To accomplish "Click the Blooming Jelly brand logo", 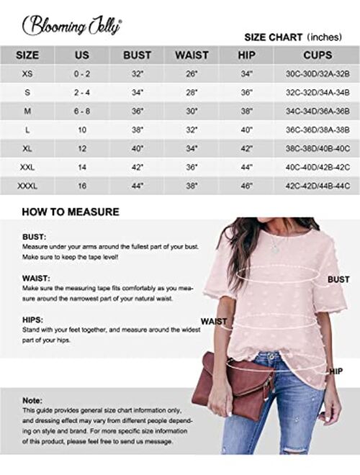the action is click(72, 24).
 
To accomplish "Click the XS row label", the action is click(27, 73).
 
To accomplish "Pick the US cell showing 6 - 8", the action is click(82, 111).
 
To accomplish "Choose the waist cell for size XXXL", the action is click(192, 186).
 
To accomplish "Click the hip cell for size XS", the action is click(246, 73).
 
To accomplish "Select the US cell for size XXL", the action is click(82, 167).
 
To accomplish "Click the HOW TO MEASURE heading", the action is click(71, 212).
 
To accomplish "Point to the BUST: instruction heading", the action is click(34, 236).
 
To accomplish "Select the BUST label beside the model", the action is click(338, 279).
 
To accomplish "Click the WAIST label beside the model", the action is click(214, 321).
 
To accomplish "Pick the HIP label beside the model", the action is click(336, 371).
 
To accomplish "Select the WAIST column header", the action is click(192, 55).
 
